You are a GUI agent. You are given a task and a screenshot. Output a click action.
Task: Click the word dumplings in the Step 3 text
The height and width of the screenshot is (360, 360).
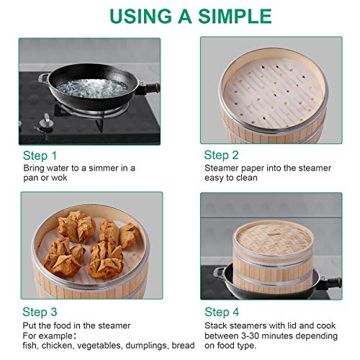click(140, 346)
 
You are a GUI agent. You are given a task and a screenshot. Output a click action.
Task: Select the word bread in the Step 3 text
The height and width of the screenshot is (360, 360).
click(181, 346)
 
